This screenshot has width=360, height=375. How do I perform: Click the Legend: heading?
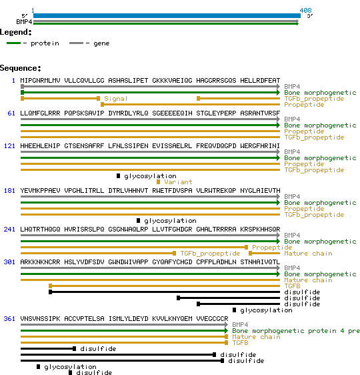[x=16, y=32]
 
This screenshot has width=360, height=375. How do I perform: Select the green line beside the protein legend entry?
[x=15, y=43]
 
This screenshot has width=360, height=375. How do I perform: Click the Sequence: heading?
[x=21, y=68]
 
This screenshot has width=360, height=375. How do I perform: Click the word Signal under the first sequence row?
[x=116, y=99]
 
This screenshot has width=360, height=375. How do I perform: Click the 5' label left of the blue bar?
[x=25, y=15]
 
